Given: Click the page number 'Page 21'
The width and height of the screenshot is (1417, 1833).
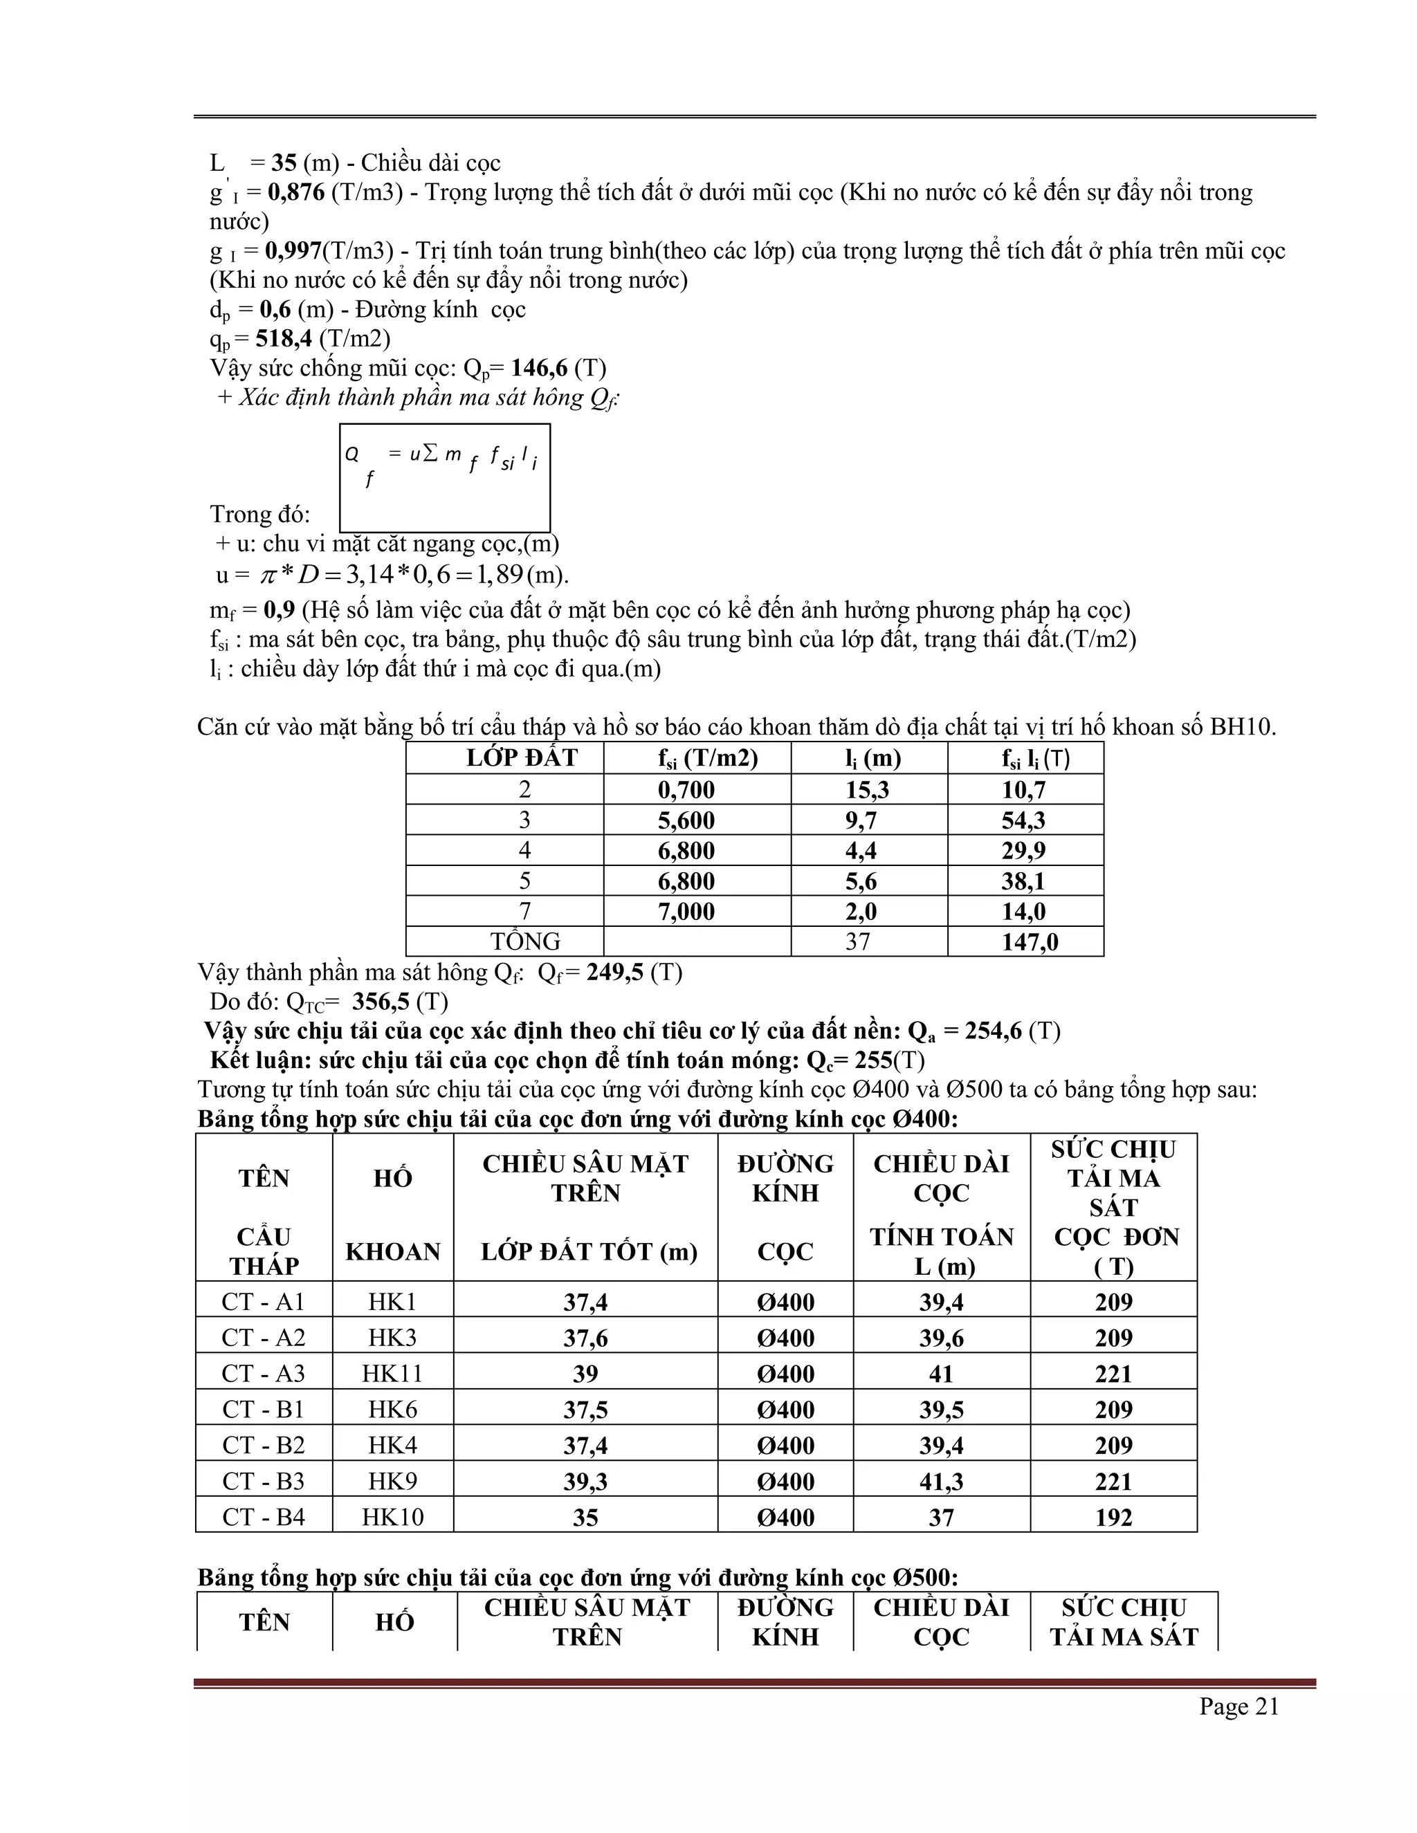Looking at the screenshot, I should tap(1238, 1706).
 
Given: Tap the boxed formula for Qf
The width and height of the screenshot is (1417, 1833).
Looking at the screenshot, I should tap(444, 477).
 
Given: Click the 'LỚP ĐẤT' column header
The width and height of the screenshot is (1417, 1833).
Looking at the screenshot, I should tap(522, 758).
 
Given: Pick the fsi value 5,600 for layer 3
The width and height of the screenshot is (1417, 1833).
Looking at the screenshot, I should tap(686, 820).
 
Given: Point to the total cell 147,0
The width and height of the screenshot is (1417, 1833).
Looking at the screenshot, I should tap(1029, 941).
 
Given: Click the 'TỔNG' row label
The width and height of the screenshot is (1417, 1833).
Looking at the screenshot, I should tap(526, 941).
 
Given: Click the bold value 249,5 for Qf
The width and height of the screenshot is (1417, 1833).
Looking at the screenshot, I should tap(614, 972).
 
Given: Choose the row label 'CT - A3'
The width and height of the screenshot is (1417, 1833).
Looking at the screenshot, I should tap(264, 1373).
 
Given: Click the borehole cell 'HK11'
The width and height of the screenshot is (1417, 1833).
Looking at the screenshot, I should tap(392, 1373).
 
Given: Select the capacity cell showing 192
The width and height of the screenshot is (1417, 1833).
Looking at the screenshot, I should tap(1113, 1517).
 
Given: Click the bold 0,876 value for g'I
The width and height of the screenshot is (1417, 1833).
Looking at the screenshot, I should tap(295, 192).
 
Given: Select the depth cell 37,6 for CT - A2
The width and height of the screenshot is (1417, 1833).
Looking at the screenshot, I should tap(585, 1338).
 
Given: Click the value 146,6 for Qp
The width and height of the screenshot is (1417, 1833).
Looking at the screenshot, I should tap(539, 369).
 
